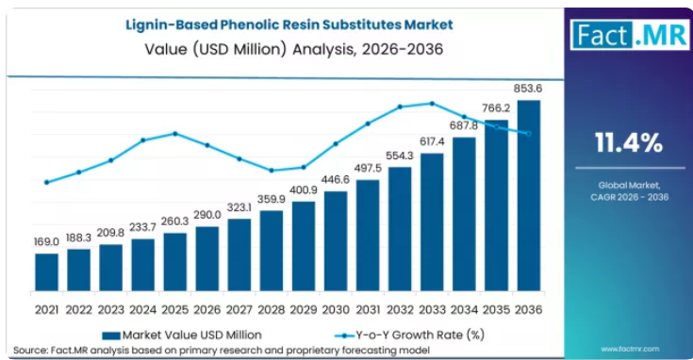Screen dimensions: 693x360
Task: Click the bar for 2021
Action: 47,272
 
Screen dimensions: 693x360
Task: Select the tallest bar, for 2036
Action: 529,196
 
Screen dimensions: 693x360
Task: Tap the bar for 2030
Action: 336,241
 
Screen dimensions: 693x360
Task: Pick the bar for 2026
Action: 207,259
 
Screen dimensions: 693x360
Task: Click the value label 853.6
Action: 528,89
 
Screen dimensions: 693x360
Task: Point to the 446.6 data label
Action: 336,179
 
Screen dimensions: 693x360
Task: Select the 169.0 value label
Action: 46,242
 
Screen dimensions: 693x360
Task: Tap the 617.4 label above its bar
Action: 432,141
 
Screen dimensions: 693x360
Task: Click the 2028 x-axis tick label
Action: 272,310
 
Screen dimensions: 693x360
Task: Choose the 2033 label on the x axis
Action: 432,310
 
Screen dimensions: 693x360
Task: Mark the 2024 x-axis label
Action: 142,310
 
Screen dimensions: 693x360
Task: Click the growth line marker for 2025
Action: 175,134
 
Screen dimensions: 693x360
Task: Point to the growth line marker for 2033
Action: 432,104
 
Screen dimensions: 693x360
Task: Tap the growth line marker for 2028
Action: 272,171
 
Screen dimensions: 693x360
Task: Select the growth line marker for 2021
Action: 47,183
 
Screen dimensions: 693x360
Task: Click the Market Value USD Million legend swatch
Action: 111,335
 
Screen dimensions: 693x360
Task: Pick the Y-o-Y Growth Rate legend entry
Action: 410,335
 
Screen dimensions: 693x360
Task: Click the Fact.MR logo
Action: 630,35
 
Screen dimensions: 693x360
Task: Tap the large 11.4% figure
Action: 629,142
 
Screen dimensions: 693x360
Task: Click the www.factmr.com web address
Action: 630,349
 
